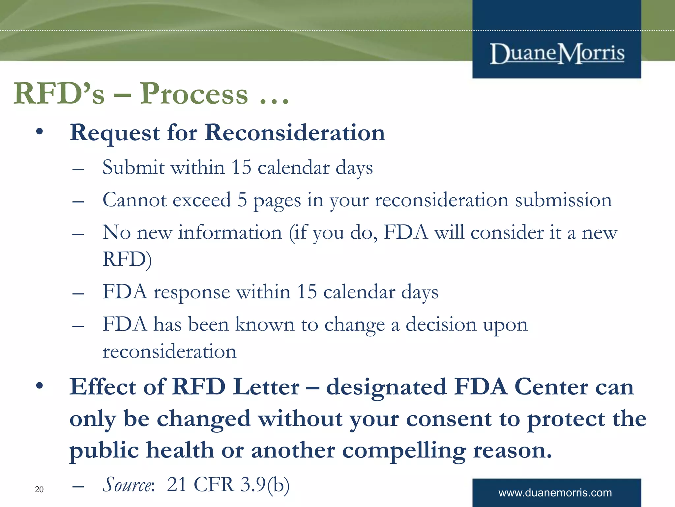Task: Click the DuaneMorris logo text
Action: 557,53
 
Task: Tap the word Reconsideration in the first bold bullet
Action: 295,133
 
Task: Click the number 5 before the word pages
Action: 242,200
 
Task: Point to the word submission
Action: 563,200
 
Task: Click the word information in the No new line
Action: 230,232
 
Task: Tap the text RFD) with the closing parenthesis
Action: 127,259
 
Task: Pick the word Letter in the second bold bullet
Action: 266,387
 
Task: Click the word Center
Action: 551,387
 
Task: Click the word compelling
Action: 404,451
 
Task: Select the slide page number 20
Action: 39,490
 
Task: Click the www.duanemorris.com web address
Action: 555,493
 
